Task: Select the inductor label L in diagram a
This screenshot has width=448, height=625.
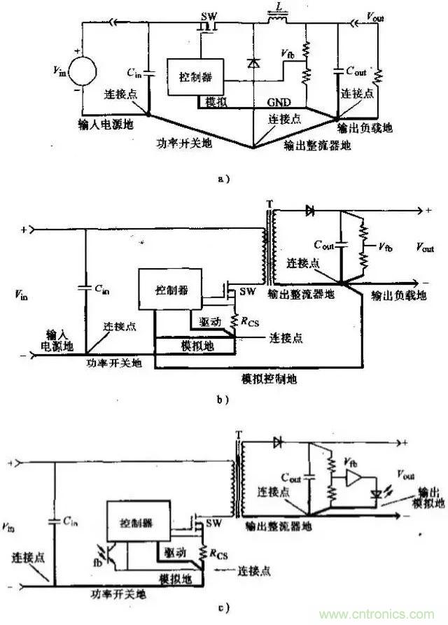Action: click(x=281, y=6)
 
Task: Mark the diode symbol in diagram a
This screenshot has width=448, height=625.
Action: click(x=251, y=64)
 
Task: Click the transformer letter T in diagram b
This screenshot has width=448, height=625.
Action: click(x=267, y=204)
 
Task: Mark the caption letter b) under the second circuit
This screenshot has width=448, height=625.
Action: click(x=223, y=399)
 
